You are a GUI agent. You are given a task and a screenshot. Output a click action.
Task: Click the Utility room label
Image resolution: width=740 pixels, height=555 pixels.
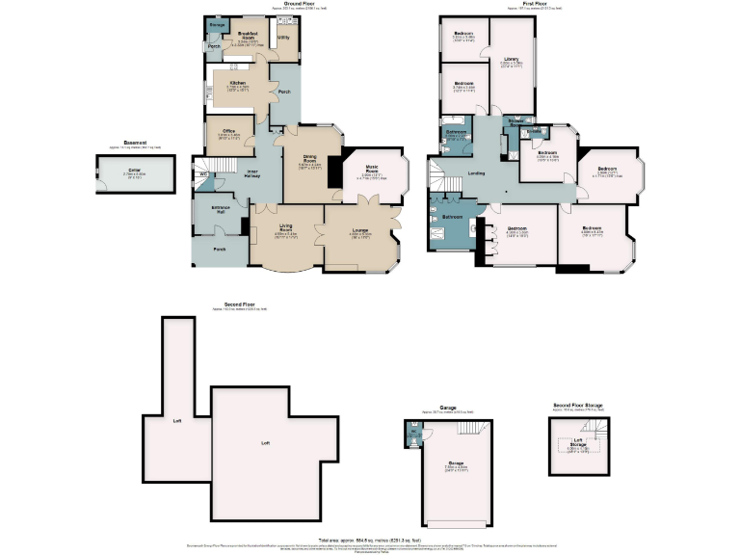coord(283,38)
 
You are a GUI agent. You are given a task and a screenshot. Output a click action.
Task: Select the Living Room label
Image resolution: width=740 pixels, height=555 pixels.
coord(286,227)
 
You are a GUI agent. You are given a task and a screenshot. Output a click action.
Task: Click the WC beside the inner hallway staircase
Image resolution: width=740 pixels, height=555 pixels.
coord(204,174)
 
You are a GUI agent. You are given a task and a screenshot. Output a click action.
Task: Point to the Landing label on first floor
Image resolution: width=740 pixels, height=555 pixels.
coord(476,173)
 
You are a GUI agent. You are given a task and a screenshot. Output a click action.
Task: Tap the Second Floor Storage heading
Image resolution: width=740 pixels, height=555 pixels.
coord(578,406)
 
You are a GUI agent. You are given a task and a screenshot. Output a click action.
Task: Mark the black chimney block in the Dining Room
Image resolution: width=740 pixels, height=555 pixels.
coord(333,171)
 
